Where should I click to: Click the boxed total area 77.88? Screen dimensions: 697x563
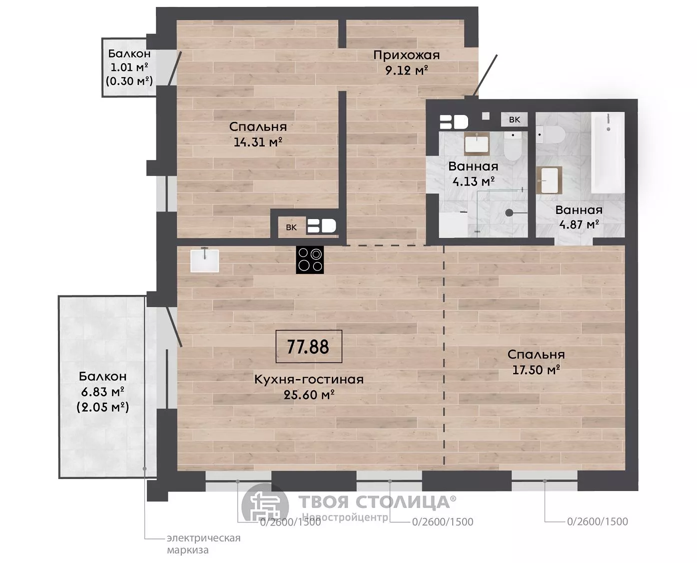click(x=309, y=346)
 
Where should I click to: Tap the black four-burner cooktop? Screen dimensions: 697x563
click(x=310, y=260)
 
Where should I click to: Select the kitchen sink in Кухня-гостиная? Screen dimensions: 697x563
click(x=204, y=260)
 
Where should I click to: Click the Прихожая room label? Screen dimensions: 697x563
click(x=406, y=55)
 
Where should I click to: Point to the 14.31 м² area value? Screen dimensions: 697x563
click(x=258, y=142)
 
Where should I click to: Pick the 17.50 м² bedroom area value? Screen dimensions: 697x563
click(x=536, y=370)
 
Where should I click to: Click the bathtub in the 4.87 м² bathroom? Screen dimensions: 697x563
click(x=608, y=152)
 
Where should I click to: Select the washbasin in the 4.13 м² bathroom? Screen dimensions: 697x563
click(x=477, y=144)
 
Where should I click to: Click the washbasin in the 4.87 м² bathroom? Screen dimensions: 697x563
click(x=550, y=180)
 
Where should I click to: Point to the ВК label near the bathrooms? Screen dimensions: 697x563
click(x=515, y=120)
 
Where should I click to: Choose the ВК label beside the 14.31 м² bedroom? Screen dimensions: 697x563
click(x=291, y=227)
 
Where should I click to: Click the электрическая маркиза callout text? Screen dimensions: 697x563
click(x=203, y=543)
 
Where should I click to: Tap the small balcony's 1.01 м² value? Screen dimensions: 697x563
click(x=129, y=67)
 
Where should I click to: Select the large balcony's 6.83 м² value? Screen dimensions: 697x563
click(x=102, y=391)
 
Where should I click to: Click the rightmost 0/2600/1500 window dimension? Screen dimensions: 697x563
click(x=598, y=521)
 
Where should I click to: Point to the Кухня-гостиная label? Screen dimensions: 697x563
click(x=309, y=379)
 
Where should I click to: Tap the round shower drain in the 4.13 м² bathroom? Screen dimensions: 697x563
click(x=509, y=213)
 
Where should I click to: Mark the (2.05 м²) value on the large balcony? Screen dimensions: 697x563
click(x=103, y=407)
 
